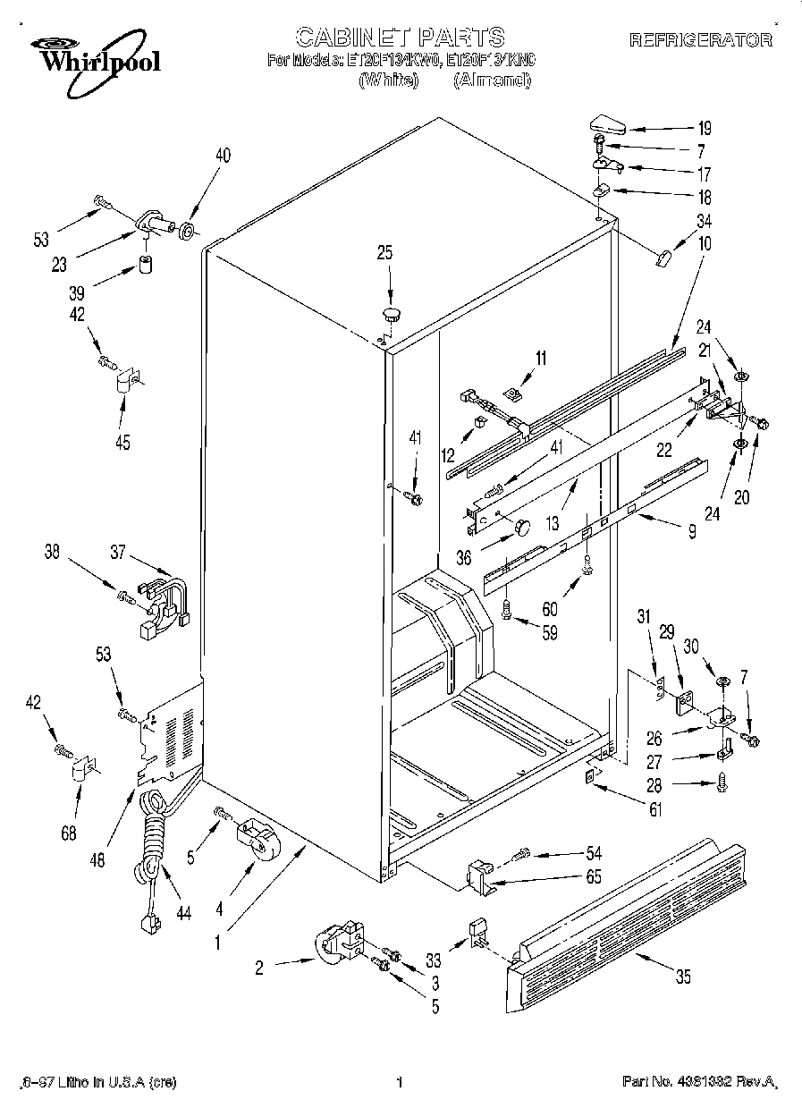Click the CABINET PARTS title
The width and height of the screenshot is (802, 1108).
click(x=400, y=37)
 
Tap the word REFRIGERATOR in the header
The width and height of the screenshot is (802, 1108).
click(x=701, y=40)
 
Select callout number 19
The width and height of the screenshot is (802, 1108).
click(x=705, y=128)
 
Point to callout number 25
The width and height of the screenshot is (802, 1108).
click(x=384, y=253)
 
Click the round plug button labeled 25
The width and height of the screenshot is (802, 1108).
click(x=392, y=313)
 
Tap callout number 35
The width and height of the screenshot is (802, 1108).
click(x=683, y=977)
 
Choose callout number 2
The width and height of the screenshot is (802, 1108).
click(x=259, y=967)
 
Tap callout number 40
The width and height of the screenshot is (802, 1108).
click(x=222, y=156)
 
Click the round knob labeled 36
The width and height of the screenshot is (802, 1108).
click(x=518, y=527)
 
